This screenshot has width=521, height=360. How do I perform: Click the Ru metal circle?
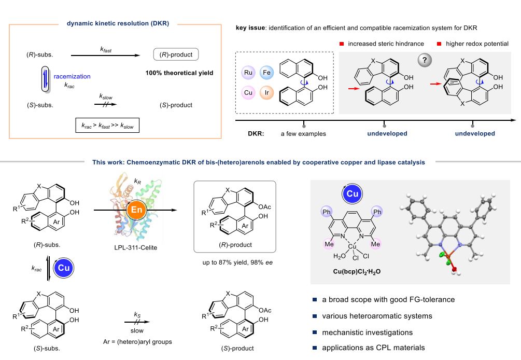click(248, 74)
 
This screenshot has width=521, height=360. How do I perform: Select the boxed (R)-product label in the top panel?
click(175, 54)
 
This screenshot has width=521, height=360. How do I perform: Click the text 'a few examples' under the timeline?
click(303, 134)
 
